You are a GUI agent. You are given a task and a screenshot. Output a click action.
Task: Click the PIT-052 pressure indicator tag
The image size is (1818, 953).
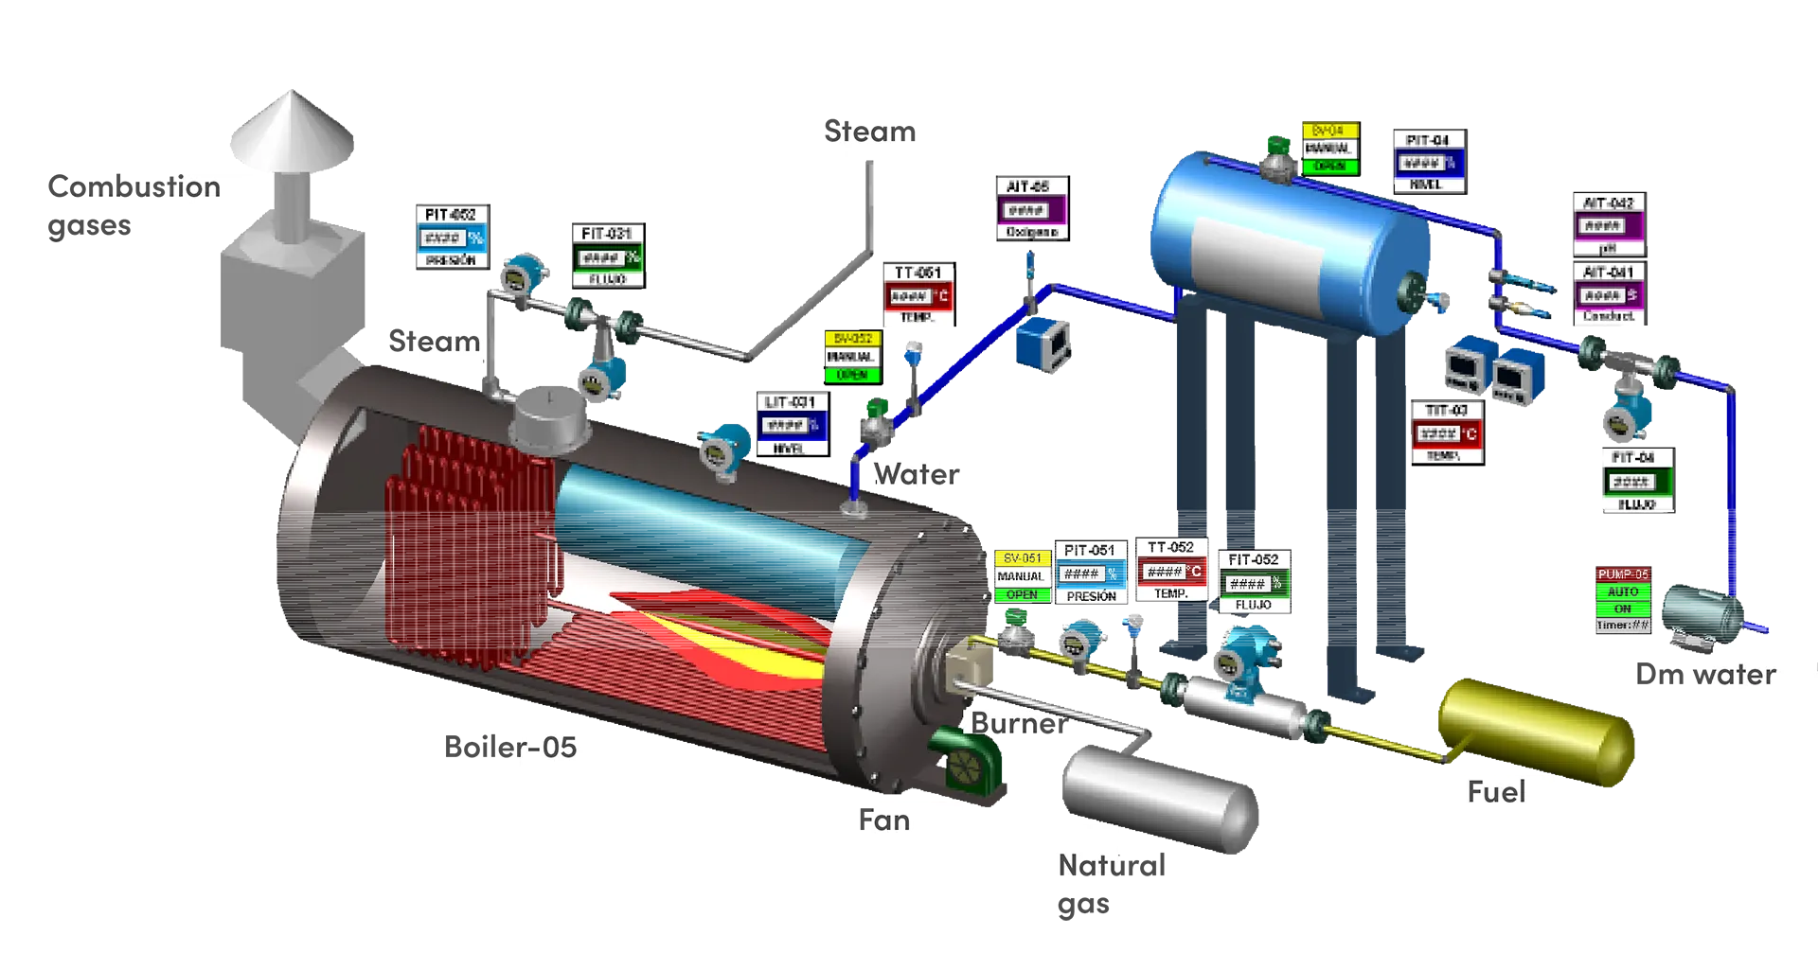(452, 235)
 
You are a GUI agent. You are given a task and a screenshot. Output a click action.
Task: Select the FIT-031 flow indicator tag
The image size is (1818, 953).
(607, 255)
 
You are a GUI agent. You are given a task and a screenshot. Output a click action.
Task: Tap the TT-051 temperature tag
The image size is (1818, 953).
(918, 294)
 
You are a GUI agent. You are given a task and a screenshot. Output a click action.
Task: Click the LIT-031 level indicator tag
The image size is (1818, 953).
(791, 424)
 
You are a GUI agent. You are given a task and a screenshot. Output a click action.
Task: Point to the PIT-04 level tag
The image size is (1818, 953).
(1429, 162)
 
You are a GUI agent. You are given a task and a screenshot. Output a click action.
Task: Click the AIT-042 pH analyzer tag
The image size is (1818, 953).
(1608, 224)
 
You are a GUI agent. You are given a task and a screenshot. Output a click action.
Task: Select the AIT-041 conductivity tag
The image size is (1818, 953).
(1609, 293)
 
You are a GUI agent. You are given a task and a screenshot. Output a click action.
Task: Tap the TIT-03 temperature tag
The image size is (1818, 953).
(1445, 432)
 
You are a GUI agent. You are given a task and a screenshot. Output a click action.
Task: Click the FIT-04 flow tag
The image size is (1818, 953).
(1635, 480)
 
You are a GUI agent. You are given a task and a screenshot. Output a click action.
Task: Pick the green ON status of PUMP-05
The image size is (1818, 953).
(1623, 609)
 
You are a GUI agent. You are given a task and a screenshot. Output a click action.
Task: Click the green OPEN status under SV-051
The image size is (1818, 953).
(1022, 594)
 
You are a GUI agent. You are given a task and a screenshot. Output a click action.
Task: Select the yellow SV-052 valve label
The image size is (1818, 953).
(853, 339)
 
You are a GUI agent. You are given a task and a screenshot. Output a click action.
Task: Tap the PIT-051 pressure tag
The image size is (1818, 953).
(1090, 572)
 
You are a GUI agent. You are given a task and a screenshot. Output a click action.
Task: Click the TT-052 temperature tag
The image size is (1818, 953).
(1171, 570)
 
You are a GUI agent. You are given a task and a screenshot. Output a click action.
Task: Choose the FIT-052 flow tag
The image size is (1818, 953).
(1255, 581)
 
